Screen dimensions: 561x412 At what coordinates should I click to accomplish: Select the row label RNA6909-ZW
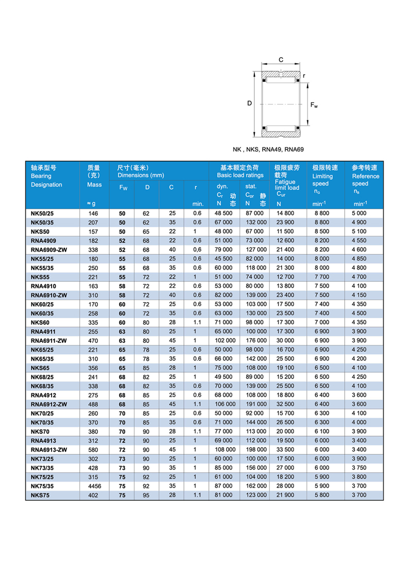tap(48, 249)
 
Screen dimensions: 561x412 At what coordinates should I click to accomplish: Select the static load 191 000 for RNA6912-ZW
tap(255, 404)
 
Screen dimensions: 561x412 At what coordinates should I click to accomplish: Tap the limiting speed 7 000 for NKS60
tap(320, 322)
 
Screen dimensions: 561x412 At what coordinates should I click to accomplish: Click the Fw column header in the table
tap(123, 188)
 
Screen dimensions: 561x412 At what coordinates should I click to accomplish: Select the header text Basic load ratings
tap(240, 176)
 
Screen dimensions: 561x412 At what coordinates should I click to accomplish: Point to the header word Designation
tap(46, 185)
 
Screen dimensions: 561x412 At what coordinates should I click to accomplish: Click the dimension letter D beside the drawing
tap(249, 103)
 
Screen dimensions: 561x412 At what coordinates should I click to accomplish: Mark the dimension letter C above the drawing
tap(281, 60)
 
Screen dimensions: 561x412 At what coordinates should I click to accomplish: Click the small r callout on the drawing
tap(304, 76)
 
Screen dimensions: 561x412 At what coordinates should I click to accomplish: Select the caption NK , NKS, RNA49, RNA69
tap(268, 150)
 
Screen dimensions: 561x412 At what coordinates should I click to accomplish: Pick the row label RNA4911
tap(43, 332)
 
